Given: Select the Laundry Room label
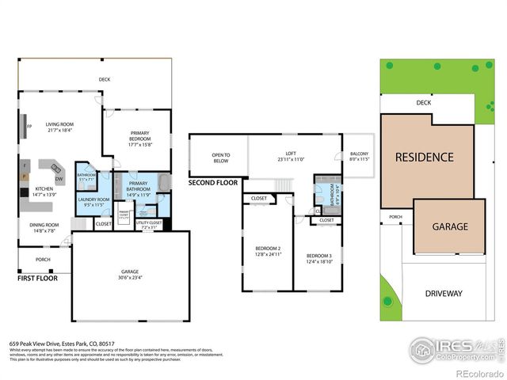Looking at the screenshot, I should (92, 202).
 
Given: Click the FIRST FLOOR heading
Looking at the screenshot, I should (37, 279).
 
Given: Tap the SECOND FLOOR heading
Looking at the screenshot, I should (213, 183).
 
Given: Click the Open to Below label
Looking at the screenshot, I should (220, 158).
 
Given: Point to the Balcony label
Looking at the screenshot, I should (359, 156).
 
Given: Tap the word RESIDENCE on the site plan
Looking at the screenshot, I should (424, 158).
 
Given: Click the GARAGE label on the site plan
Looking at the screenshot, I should (449, 226).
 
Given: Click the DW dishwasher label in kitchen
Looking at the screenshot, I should (59, 178).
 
